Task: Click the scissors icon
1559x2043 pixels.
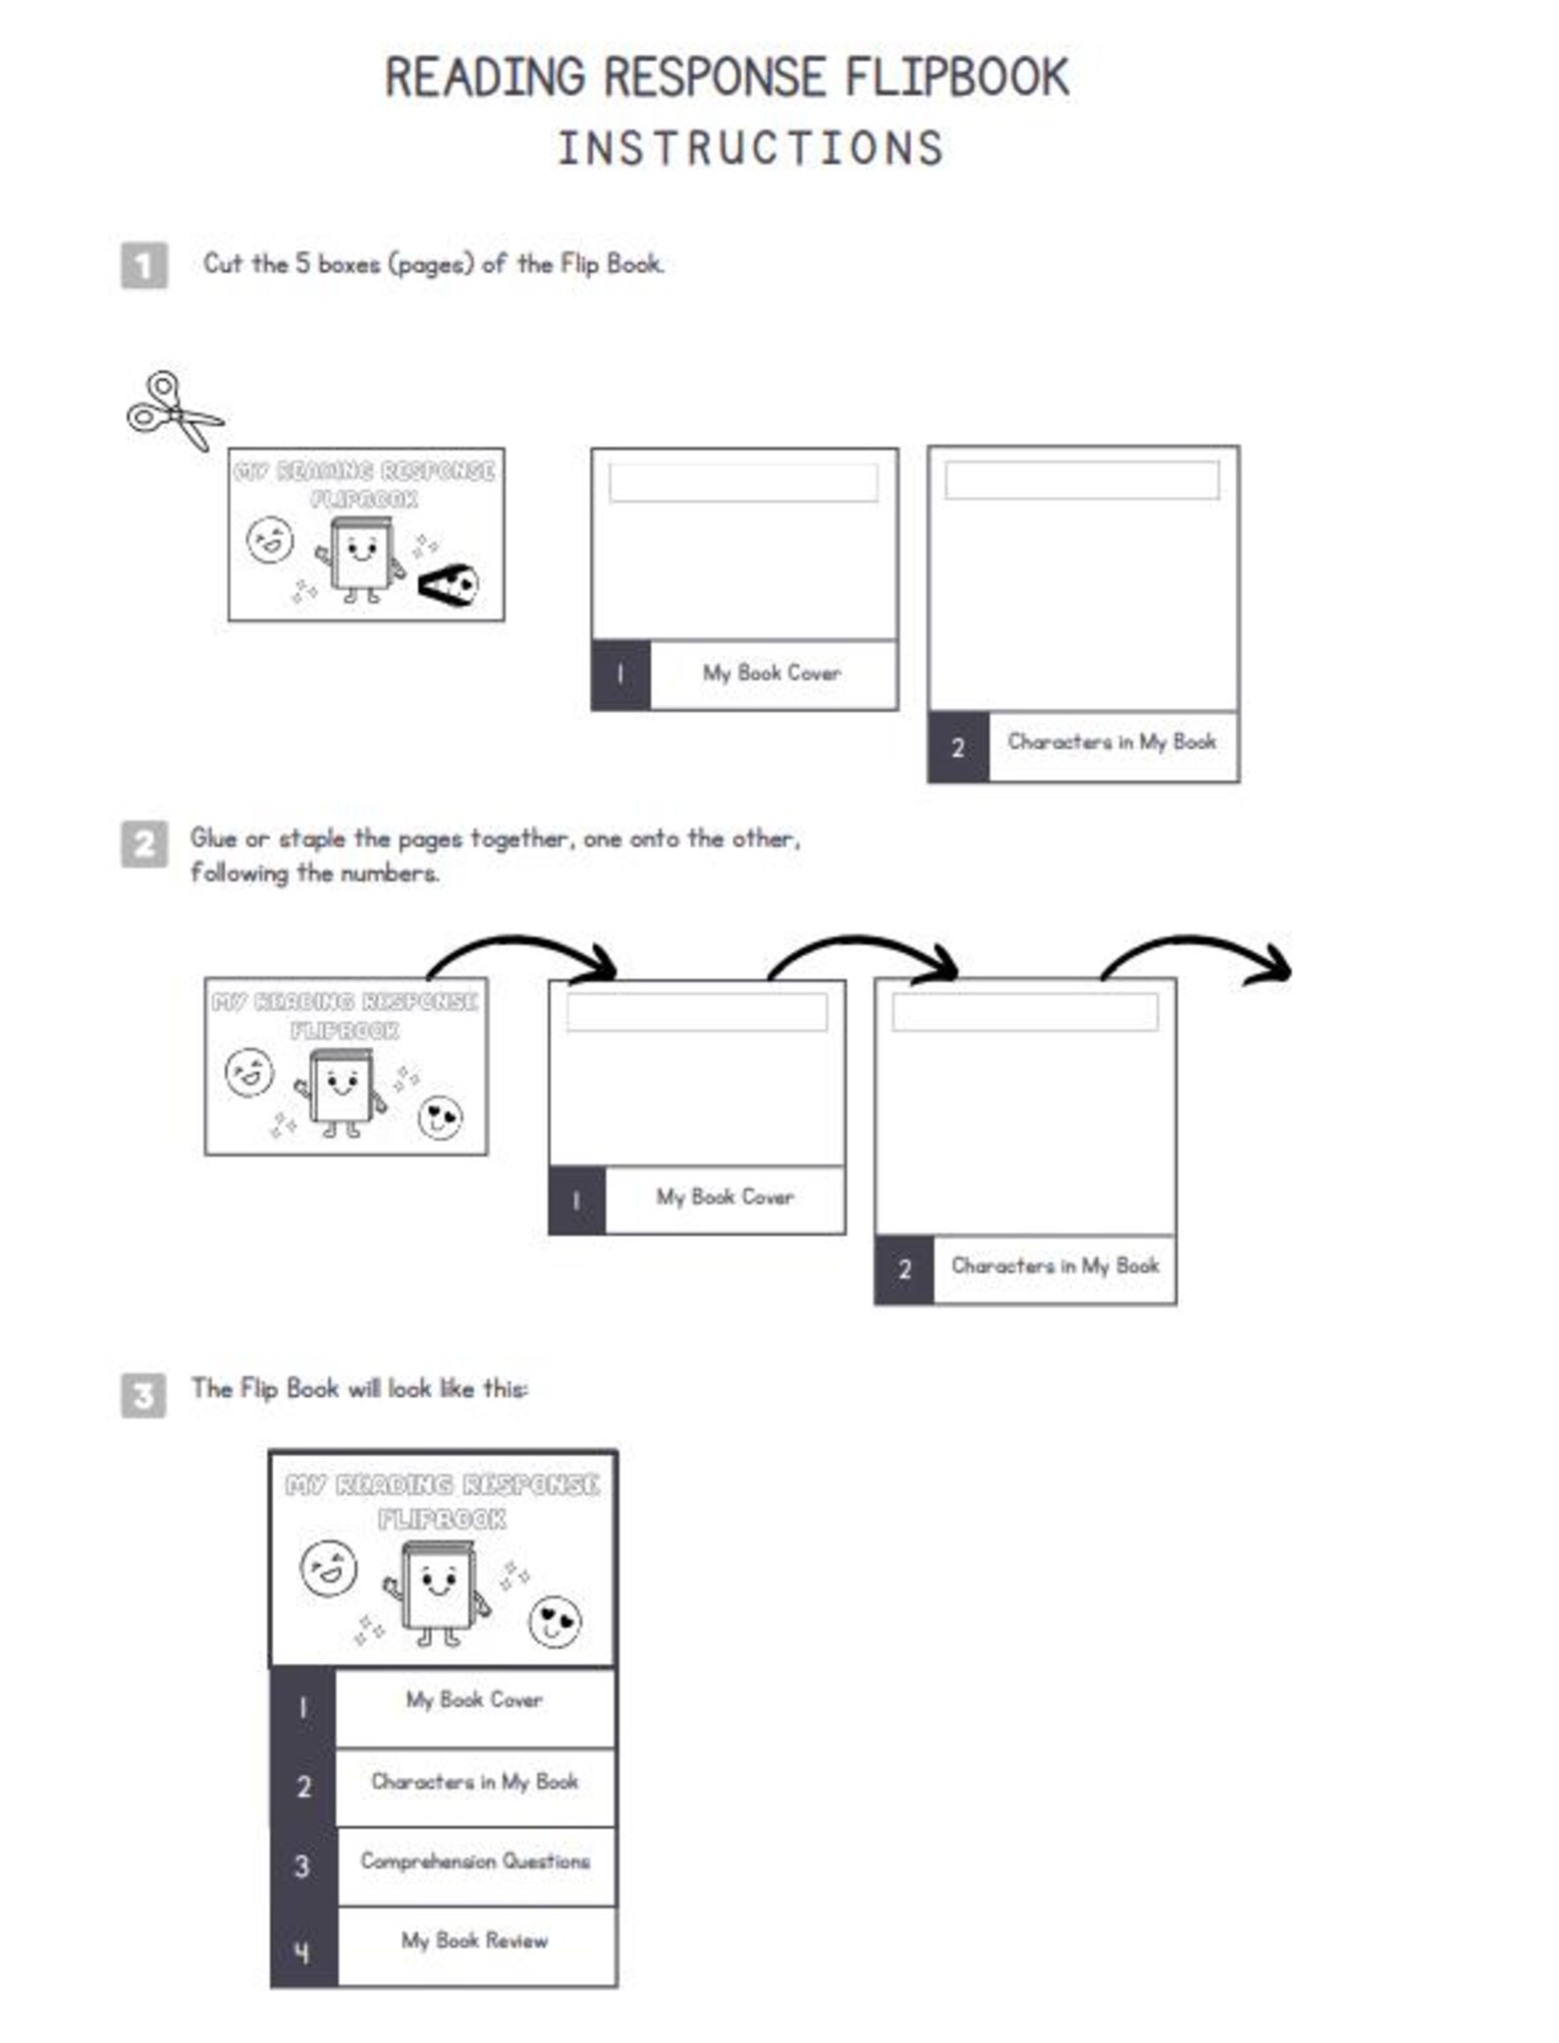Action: [x=173, y=411]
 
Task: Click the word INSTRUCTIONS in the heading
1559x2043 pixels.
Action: [x=750, y=149]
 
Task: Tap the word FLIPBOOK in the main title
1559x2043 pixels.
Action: [x=956, y=79]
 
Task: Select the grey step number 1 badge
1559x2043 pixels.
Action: [x=144, y=265]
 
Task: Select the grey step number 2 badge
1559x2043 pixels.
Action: [x=144, y=844]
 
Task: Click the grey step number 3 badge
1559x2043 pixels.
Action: [x=143, y=1394]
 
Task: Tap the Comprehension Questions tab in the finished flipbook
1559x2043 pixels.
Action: [x=475, y=1860]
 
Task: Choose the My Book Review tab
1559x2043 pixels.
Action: [x=475, y=1940]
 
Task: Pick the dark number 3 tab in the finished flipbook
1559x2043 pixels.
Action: [x=303, y=1865]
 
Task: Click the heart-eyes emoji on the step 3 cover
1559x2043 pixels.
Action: [x=555, y=1622]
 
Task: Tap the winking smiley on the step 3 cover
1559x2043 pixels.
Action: [x=328, y=1568]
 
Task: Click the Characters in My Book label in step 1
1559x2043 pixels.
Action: [x=1111, y=742]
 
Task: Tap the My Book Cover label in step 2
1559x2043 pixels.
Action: [x=725, y=1197]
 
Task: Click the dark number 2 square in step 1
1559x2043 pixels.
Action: [x=958, y=747]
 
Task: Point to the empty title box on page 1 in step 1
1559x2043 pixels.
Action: [x=743, y=482]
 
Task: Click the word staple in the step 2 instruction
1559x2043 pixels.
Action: [x=311, y=839]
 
